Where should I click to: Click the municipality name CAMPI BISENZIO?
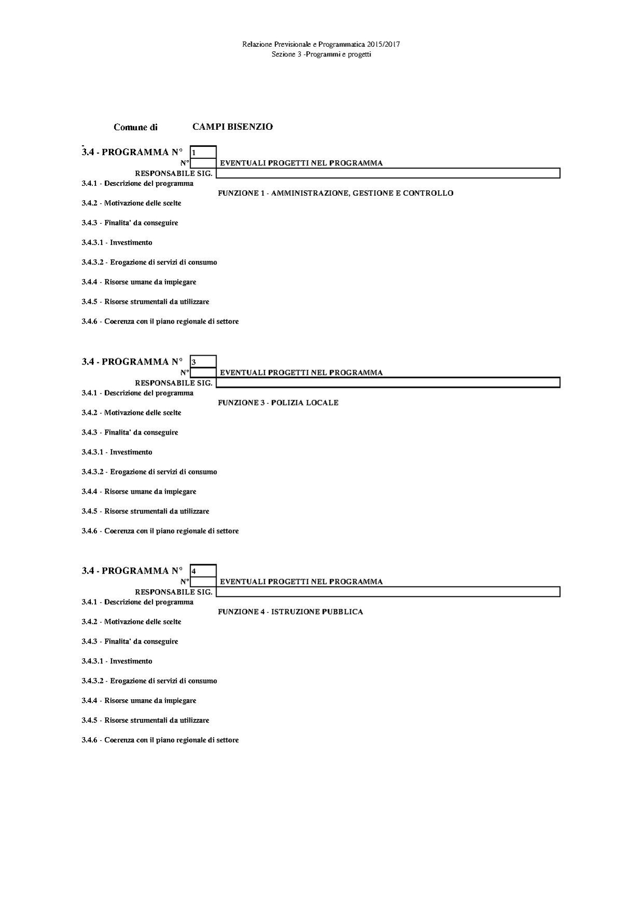tap(232, 127)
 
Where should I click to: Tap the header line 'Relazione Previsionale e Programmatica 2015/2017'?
tap(321, 45)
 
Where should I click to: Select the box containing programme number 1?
tap(203, 153)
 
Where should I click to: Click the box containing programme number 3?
tap(203, 362)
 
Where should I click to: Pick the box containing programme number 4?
tap(203, 571)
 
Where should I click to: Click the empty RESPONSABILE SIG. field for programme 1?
tap(388, 173)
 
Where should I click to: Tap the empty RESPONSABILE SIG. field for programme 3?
tap(388, 383)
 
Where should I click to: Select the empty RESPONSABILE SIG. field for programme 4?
tap(388, 592)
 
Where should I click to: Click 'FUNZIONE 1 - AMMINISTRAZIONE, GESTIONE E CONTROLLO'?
tap(335, 193)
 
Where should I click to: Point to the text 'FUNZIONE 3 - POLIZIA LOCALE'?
tap(278, 403)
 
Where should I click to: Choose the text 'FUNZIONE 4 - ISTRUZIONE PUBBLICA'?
tap(290, 612)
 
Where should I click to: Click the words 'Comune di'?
tap(135, 127)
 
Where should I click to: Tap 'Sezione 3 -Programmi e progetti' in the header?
tap(321, 55)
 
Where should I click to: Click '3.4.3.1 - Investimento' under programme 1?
tap(117, 242)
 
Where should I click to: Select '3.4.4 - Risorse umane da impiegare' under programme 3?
tap(139, 492)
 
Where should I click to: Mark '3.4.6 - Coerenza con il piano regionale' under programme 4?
tap(160, 740)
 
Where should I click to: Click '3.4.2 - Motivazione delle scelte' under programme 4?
tap(131, 622)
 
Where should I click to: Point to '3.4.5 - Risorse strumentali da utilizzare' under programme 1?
tap(145, 302)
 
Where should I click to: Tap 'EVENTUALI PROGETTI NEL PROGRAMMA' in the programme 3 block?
tap(301, 373)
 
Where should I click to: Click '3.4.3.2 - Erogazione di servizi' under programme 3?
tap(149, 472)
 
